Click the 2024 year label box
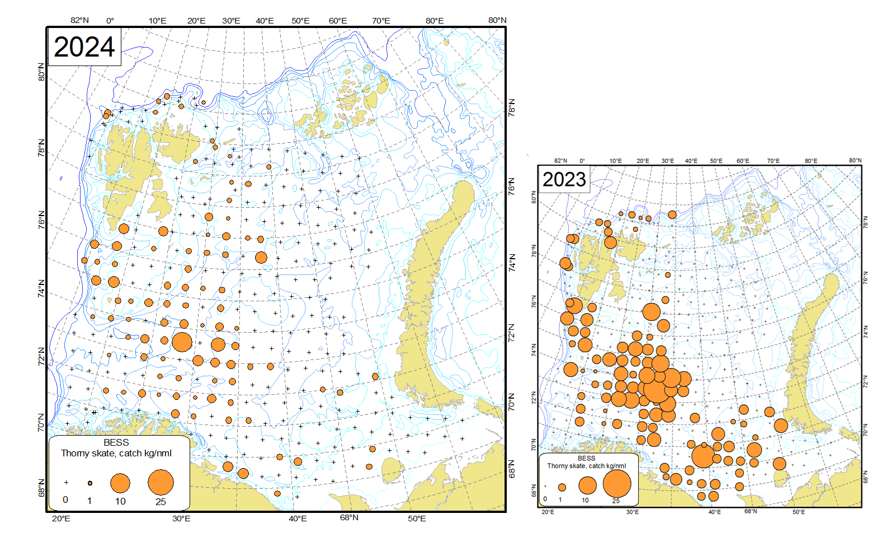(84, 47)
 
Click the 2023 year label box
(564, 180)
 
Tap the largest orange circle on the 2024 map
(182, 341)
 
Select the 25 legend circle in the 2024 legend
(161, 482)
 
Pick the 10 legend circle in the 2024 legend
(120, 483)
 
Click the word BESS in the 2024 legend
(116, 442)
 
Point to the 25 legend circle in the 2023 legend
(616, 483)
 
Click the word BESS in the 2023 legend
(586, 458)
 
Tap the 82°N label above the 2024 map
(79, 20)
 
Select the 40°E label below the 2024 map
(298, 519)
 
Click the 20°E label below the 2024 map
(61, 519)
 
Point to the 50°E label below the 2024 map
(417, 519)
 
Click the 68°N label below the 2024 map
(349, 517)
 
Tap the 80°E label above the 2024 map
(435, 21)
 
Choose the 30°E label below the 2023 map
(632, 512)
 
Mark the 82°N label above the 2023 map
(560, 161)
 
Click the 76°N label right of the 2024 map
(512, 186)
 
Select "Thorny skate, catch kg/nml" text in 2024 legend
(116, 453)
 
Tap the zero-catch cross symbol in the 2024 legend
(66, 482)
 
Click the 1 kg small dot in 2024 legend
(90, 483)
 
